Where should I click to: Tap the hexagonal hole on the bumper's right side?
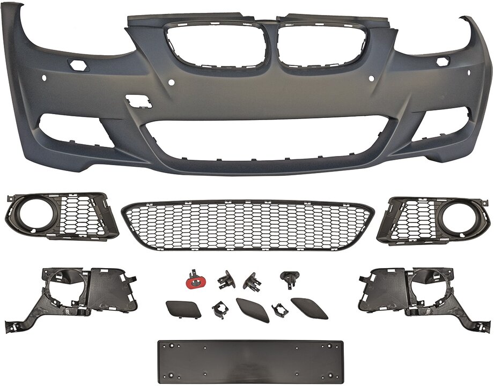coord(444,62)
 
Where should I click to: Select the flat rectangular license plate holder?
coord(247,360)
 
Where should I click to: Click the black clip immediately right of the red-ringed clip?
coord(226,280)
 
